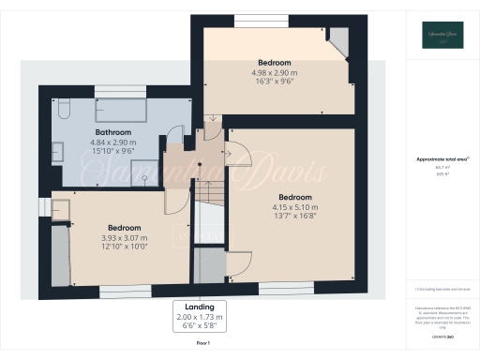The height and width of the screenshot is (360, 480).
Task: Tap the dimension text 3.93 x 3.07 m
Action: (x=124, y=238)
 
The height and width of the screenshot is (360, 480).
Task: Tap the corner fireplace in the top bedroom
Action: (x=340, y=40)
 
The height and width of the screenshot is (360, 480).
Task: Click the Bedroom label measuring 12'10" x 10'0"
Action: (x=124, y=228)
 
